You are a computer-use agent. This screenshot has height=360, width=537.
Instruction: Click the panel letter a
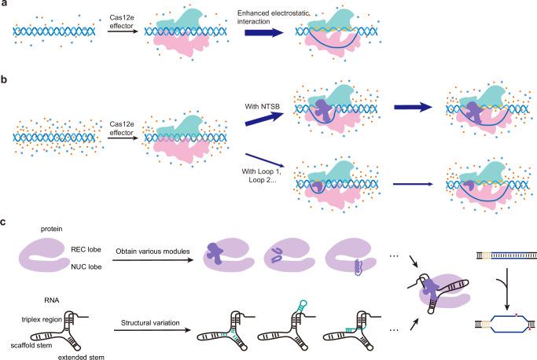(5, 5)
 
